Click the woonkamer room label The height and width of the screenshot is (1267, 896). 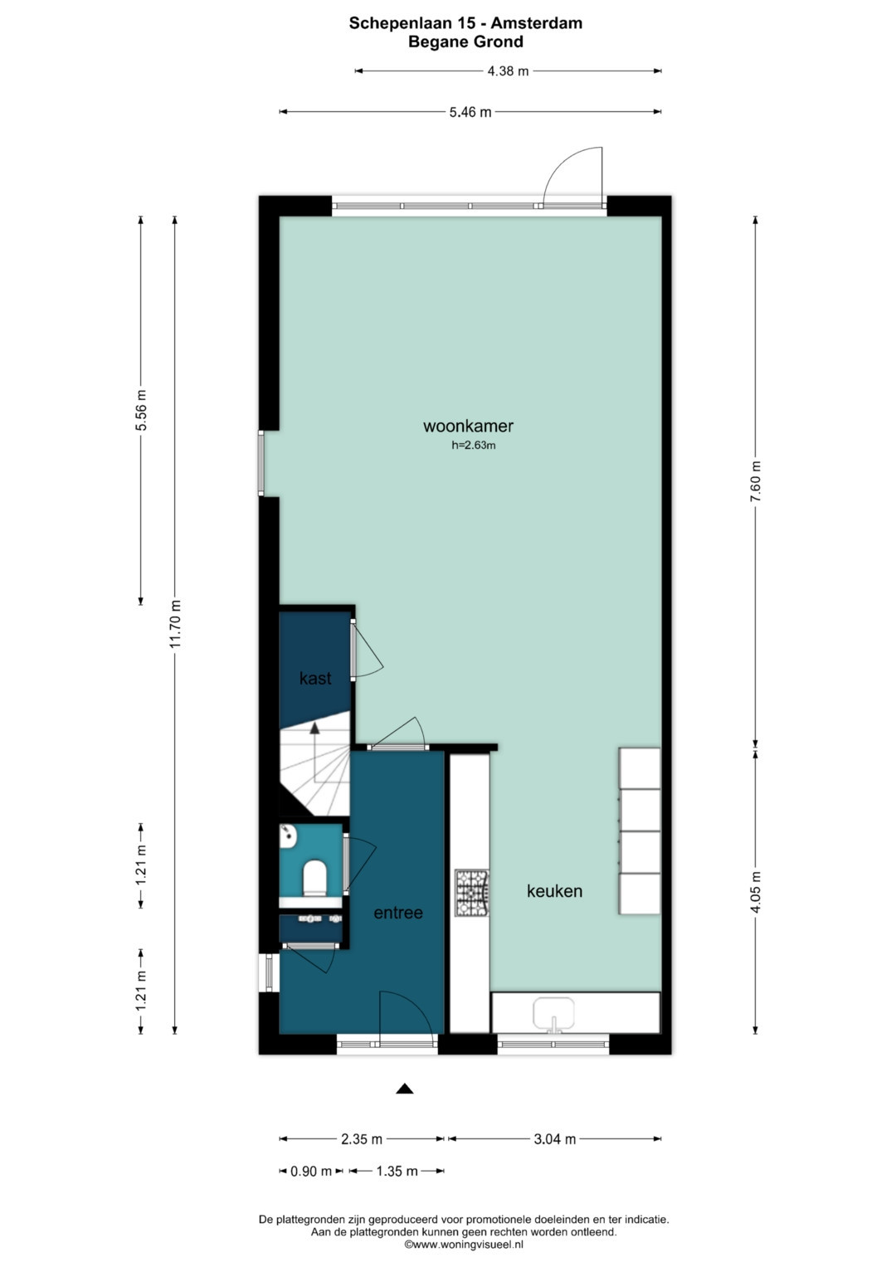468,426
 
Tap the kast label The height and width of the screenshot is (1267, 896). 315,678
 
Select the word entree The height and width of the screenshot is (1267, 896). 398,913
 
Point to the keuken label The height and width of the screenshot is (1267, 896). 554,891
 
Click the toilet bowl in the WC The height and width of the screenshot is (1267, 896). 315,878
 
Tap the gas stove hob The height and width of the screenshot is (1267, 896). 472,893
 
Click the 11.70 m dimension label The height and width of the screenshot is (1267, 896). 175,624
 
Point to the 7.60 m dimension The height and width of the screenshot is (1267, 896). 755,481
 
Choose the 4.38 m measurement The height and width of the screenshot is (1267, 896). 508,71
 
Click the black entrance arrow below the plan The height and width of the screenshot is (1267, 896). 404,1089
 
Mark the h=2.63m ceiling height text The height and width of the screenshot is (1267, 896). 474,445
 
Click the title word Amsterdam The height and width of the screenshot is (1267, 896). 536,23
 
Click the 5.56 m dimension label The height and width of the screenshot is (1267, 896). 141,410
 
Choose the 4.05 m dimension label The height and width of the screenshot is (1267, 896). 755,892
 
